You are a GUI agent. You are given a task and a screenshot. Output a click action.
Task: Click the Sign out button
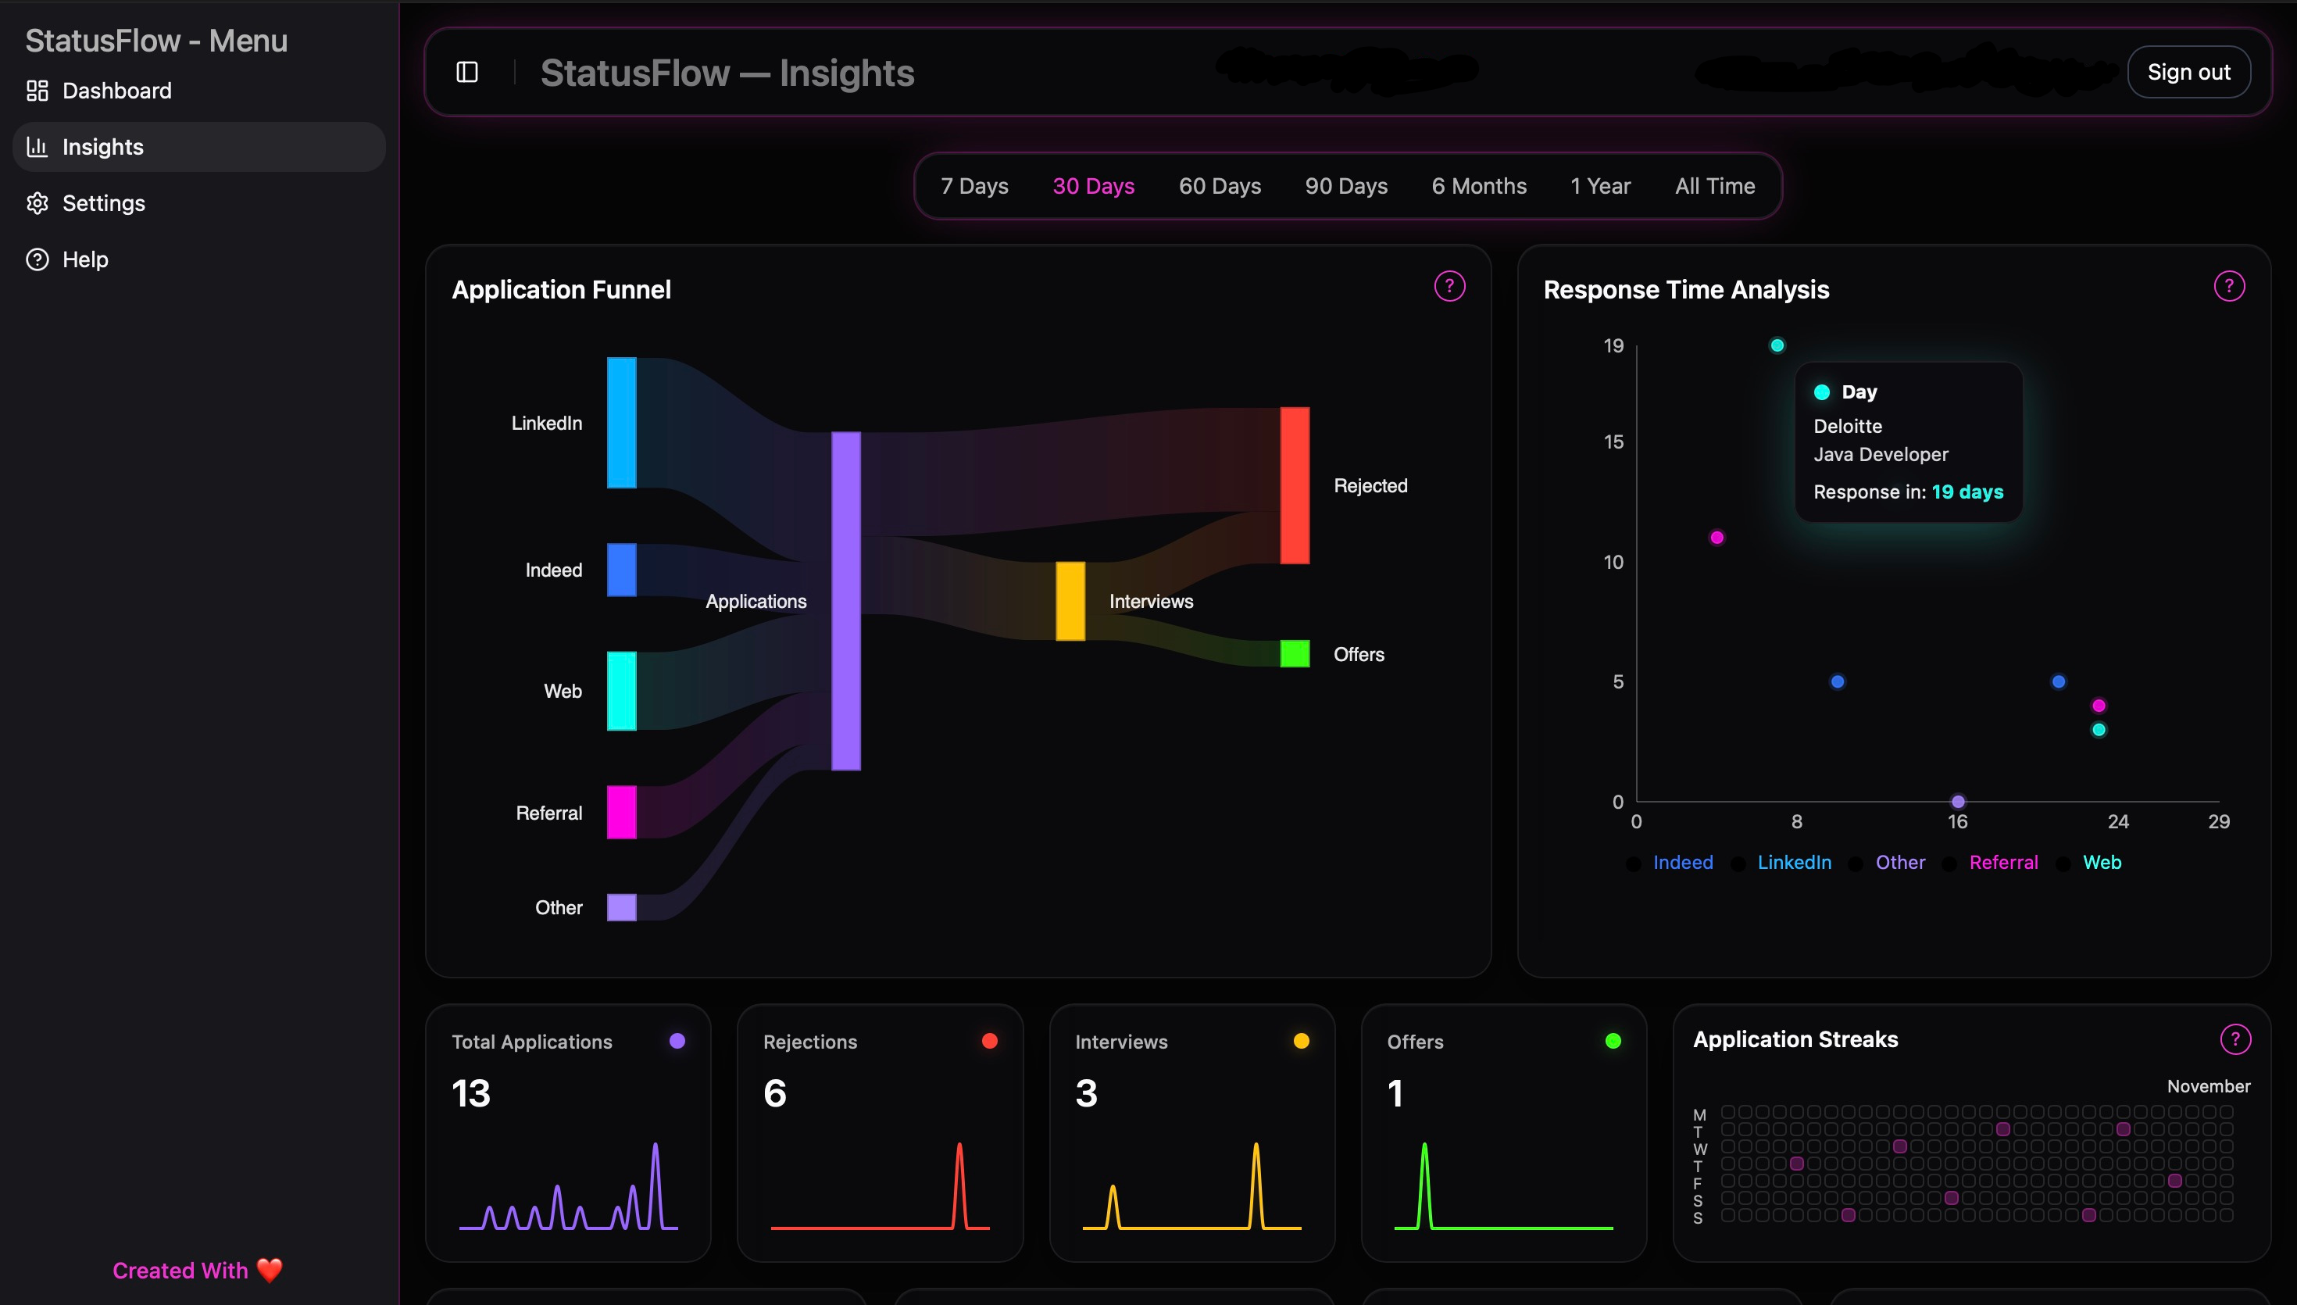point(2188,72)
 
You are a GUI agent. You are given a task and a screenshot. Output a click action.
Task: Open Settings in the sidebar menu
point(103,203)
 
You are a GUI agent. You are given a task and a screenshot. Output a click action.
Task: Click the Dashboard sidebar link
point(116,91)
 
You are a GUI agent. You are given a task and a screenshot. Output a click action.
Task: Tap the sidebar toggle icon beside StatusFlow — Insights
point(466,72)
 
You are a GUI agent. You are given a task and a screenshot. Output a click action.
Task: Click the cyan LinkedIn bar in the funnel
point(622,422)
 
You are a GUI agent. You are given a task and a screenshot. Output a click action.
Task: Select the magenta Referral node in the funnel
point(622,812)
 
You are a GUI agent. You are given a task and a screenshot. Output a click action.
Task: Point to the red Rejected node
point(1295,485)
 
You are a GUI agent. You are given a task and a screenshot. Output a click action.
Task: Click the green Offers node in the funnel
point(1295,653)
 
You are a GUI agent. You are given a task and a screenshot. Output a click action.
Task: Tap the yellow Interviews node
point(1070,600)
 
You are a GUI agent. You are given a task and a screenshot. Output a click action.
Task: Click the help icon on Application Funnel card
point(1449,286)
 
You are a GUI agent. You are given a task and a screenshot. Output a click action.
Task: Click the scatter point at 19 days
point(1777,345)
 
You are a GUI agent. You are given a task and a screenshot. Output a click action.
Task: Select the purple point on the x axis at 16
point(1959,801)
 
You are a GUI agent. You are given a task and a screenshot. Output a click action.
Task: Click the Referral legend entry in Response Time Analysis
point(2003,862)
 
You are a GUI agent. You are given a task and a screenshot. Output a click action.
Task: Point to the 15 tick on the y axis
point(1613,442)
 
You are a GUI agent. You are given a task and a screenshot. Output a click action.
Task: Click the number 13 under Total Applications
point(471,1092)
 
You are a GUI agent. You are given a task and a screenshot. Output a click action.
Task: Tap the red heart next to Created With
point(270,1270)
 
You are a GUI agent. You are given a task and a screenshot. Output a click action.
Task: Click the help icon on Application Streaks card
point(2235,1039)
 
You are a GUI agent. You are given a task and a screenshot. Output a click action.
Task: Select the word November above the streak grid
point(2208,1086)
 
